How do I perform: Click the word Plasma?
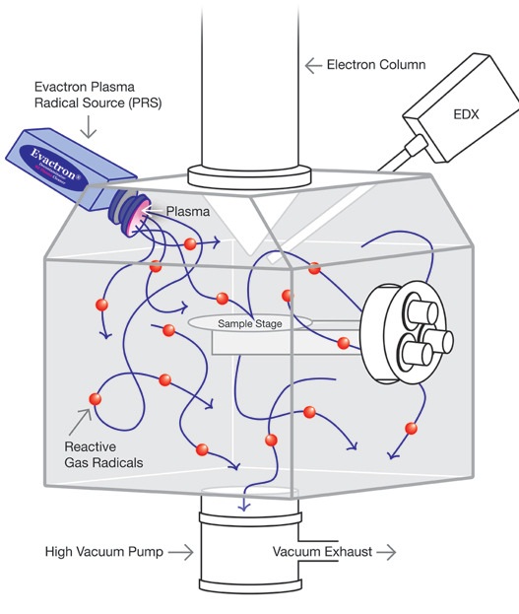187,211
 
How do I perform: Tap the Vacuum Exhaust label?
322,552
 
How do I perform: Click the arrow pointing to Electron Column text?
313,66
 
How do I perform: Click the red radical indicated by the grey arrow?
96,399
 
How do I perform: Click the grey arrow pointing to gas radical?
78,421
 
